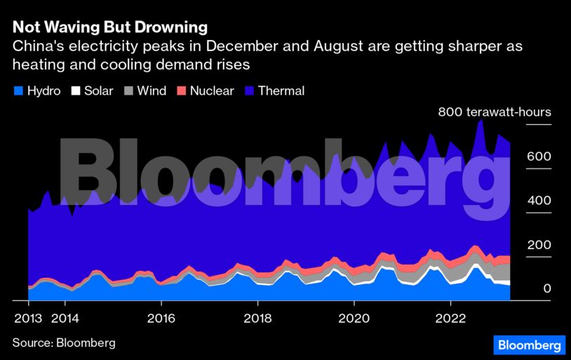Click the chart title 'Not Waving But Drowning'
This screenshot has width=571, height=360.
(109, 27)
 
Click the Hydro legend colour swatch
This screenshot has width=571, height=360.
(18, 91)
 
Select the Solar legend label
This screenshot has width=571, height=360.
(98, 91)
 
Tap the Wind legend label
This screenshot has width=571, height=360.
(152, 91)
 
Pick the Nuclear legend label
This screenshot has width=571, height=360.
(212, 91)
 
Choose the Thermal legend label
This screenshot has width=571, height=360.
(281, 91)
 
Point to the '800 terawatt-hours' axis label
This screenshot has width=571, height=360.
(495, 112)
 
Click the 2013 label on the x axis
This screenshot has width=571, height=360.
(28, 317)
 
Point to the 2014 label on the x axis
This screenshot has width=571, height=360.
(65, 317)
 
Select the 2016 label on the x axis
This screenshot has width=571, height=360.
(161, 317)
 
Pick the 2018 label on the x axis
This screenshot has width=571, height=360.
(257, 317)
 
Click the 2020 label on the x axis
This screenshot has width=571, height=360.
(354, 317)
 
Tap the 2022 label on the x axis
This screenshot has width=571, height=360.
(450, 317)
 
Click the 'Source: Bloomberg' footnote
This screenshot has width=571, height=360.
(63, 342)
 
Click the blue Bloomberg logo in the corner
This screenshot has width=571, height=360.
(529, 345)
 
